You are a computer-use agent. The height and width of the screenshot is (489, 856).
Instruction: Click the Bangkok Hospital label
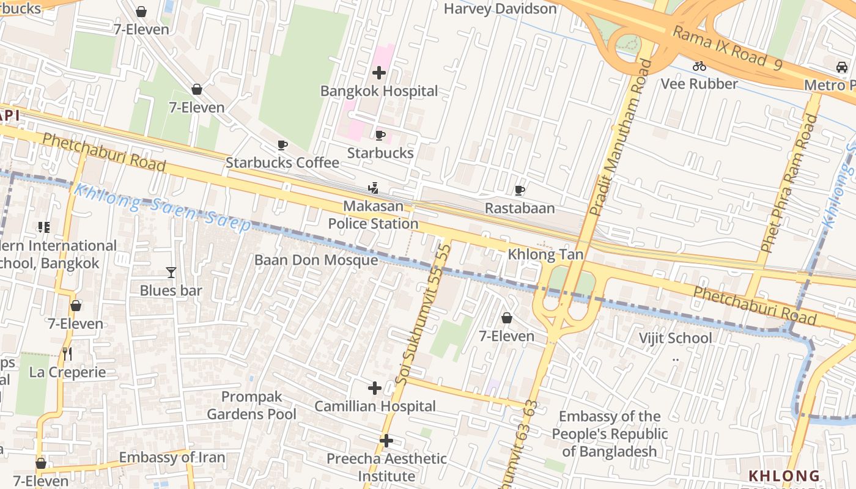[x=379, y=91]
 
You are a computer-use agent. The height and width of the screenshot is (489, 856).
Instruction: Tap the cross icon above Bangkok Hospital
[x=379, y=73]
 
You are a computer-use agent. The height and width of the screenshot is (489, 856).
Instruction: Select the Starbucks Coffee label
[x=282, y=163]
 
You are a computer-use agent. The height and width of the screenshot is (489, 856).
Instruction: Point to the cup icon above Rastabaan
[x=520, y=191]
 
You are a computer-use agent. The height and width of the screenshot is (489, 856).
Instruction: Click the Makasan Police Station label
[x=373, y=215]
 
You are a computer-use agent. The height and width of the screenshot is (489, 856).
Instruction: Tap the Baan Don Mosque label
[x=316, y=260]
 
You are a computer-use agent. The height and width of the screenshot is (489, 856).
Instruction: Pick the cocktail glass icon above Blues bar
[x=171, y=273]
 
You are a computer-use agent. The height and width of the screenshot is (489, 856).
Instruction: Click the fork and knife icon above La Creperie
[x=67, y=353]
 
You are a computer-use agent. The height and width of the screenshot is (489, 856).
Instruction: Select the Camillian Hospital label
[x=375, y=406]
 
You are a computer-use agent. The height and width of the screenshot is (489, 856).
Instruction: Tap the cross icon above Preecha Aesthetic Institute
[x=386, y=440]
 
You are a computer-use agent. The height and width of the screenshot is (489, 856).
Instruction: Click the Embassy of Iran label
[x=172, y=457]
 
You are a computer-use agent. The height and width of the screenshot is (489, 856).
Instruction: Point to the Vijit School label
[x=675, y=338]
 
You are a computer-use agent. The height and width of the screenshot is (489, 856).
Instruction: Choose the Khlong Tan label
[x=545, y=254]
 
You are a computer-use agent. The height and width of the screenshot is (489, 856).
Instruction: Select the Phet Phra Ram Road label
[x=788, y=183]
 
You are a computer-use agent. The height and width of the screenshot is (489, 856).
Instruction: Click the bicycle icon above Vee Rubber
[x=699, y=66]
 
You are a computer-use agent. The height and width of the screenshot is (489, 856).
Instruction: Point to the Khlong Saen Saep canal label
[x=162, y=208]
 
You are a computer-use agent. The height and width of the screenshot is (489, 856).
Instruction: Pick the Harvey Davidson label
[x=500, y=9]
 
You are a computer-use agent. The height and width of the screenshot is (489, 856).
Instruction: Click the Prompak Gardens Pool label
[x=251, y=405]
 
